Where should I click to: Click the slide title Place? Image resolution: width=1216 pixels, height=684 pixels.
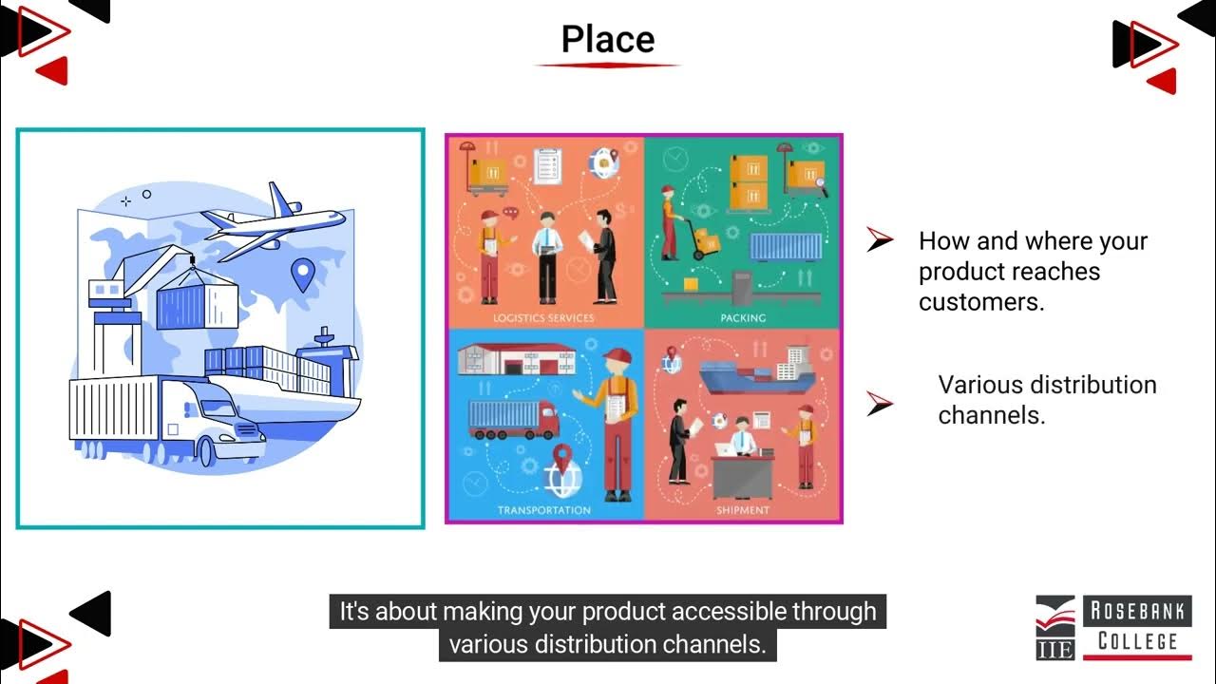607,39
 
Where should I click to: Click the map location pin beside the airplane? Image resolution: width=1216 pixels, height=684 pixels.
302,275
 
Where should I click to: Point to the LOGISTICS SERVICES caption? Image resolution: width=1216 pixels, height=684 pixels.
544,317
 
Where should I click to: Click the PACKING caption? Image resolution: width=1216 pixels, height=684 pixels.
743,317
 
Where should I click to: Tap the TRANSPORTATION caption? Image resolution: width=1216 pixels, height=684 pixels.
544,510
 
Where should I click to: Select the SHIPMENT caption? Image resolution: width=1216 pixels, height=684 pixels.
743,510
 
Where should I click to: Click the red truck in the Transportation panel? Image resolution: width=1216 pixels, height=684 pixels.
514,420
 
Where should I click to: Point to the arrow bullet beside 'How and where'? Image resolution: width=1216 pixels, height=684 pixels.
880,241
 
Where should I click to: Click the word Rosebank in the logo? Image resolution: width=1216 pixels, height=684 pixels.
1137,612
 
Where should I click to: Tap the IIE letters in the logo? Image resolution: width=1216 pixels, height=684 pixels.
1055,649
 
